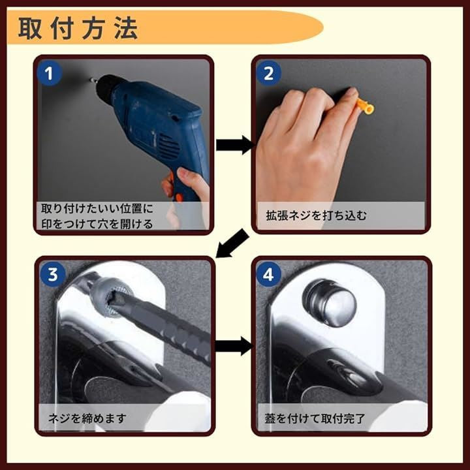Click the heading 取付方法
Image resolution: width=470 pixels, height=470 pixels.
(78, 29)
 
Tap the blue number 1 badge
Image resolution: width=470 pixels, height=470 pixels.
(49, 73)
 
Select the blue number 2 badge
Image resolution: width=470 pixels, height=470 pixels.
(268, 73)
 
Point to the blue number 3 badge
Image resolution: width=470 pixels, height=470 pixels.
(53, 274)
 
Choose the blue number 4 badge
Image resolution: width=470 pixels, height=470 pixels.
(268, 274)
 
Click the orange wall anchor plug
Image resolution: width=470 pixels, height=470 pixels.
(365, 106)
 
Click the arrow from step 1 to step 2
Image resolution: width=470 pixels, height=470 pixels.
(235, 145)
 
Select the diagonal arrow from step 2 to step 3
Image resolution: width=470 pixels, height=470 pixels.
(232, 243)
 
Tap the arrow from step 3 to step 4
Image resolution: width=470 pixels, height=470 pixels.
(234, 346)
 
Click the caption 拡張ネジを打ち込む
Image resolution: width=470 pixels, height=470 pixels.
(316, 215)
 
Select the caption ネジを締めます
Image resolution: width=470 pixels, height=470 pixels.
(87, 418)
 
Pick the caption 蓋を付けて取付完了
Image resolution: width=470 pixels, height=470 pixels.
(315, 418)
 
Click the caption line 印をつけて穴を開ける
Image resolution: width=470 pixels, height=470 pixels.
(97, 224)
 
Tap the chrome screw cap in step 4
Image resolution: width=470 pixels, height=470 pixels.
(330, 302)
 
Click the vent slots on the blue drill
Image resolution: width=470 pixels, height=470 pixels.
(168, 147)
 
